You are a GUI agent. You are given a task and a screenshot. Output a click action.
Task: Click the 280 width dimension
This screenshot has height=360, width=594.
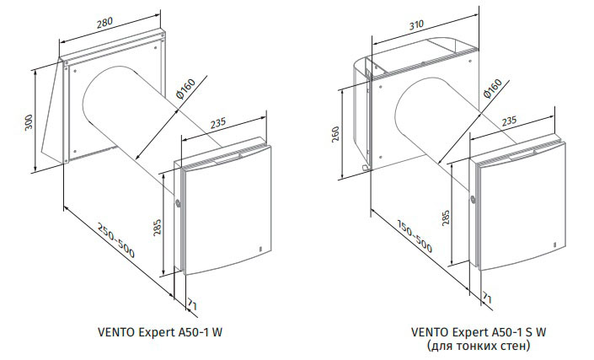[104, 22]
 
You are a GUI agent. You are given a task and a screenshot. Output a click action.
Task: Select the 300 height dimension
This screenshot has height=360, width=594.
[29, 121]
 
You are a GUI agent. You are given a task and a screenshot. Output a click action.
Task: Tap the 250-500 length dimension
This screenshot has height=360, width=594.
[116, 240]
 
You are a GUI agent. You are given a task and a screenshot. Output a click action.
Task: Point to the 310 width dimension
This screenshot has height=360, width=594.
[416, 25]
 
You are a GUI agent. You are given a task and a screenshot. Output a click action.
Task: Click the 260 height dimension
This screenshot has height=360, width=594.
[335, 134]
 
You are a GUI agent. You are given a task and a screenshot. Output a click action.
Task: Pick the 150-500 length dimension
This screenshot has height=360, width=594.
[415, 236]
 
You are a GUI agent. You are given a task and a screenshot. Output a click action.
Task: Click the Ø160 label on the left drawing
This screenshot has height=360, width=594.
[185, 89]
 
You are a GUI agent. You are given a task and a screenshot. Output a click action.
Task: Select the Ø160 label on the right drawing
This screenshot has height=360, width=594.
[493, 89]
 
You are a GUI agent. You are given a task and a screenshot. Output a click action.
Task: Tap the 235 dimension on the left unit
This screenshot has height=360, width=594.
[218, 123]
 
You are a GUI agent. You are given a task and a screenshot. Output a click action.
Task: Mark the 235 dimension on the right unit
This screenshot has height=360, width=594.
[509, 121]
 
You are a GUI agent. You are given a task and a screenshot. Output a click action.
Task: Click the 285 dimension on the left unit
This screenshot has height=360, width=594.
[158, 228]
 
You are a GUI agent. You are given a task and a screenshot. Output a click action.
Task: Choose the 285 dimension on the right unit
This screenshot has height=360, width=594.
[446, 218]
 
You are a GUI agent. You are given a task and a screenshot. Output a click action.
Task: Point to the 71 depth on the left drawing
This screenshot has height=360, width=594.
[192, 304]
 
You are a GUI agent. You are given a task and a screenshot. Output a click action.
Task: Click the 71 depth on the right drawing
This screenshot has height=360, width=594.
[487, 298]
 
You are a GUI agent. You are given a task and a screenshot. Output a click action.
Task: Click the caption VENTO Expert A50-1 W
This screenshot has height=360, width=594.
[160, 332]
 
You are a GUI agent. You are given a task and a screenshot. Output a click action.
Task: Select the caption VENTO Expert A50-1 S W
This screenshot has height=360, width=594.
[479, 332]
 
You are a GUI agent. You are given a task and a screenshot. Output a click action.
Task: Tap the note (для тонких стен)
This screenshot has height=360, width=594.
[479, 346]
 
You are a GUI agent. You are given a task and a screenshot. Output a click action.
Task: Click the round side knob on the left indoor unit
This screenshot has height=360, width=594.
[178, 202]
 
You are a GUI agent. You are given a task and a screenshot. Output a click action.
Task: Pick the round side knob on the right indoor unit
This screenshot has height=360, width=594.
[473, 198]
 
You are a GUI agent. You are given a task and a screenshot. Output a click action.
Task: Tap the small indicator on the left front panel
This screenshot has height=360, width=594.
[260, 249]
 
